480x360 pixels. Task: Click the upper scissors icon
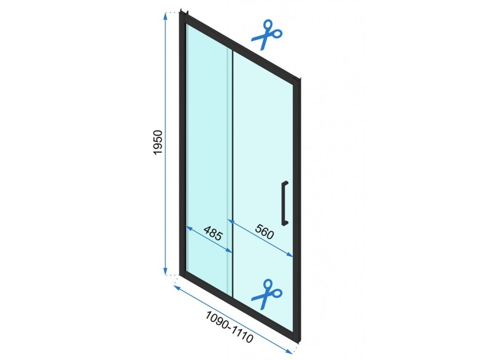click(x=267, y=34)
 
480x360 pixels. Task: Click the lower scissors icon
click(x=267, y=294)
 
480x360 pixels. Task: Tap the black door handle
click(x=285, y=202)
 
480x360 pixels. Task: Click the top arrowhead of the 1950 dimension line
click(x=165, y=15)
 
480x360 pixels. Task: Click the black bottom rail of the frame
click(x=239, y=305)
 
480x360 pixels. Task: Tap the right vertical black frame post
click(x=296, y=211)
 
